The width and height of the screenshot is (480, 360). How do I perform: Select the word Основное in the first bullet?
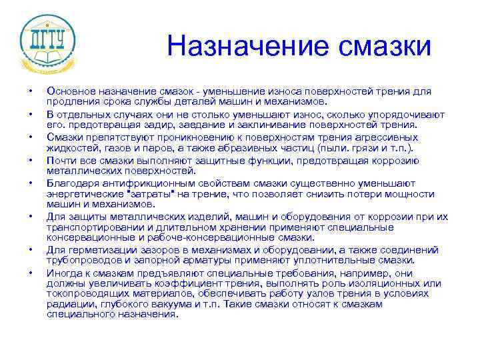(69, 91)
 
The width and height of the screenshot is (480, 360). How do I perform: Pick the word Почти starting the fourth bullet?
(59, 160)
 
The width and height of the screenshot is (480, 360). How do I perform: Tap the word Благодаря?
(71, 183)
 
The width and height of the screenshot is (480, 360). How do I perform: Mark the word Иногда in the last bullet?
(63, 273)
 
